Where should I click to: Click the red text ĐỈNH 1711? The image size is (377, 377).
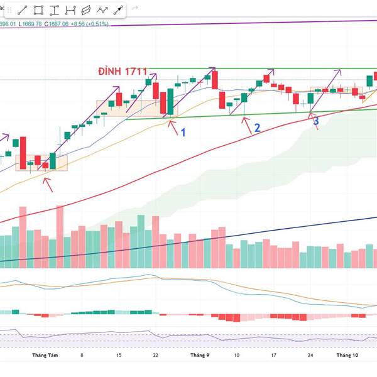[126, 71]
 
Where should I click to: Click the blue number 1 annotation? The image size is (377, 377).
[183, 132]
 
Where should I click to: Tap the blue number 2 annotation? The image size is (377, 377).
[256, 128]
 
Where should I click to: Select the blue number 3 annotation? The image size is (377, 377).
[316, 121]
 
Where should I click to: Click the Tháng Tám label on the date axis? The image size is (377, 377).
[45, 355]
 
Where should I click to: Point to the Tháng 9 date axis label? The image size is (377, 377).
[200, 355]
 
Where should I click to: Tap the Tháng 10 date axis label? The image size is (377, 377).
[346, 355]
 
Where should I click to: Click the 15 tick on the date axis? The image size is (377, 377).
[119, 355]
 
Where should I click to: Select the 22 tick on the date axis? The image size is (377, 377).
[155, 355]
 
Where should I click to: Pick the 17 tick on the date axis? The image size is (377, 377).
[274, 355]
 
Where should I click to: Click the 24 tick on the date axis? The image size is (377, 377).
[311, 355]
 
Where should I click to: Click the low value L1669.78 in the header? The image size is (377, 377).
[30, 24]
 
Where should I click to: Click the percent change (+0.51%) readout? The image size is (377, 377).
[98, 24]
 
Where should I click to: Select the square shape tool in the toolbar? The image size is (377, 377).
[39, 10]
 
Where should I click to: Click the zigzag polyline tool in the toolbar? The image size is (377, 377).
[102, 10]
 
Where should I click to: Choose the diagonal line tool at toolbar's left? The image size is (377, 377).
[23, 10]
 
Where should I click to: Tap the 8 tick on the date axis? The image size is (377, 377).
[82, 355]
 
